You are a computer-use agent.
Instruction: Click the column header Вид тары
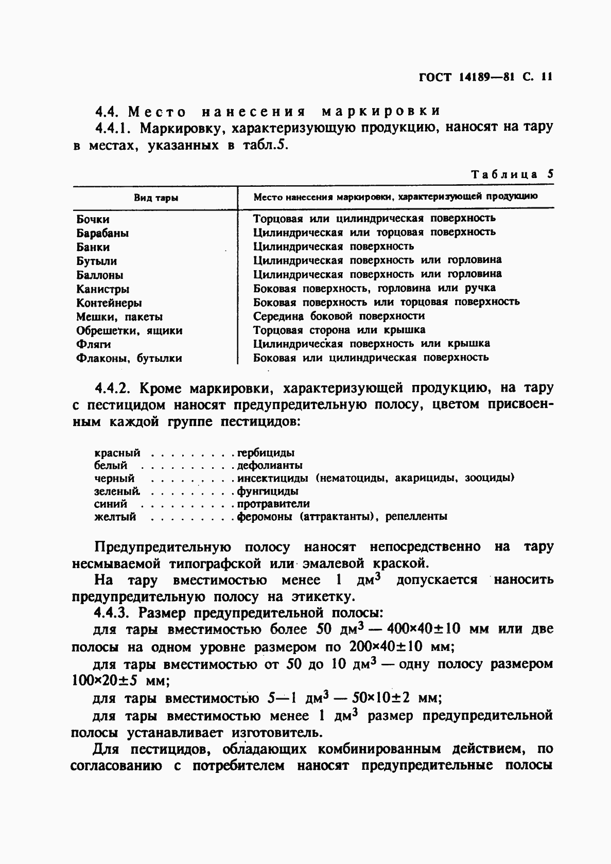coord(156,198)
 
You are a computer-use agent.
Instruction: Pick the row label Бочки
coord(93,220)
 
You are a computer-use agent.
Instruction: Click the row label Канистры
coord(102,289)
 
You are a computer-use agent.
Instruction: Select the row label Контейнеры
coord(109,303)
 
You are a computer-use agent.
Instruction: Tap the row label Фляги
coord(93,344)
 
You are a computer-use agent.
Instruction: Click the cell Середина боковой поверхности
coord(339,316)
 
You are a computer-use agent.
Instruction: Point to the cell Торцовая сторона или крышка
coord(339,330)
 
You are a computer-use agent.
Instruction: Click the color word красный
coord(117,453)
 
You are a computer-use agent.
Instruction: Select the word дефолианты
coord(269,466)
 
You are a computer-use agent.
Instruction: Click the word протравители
coord(273,504)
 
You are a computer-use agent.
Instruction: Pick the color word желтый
coord(115,517)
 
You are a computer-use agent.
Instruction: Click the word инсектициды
coord(273,478)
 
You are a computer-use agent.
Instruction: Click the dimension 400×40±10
coord(416,629)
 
